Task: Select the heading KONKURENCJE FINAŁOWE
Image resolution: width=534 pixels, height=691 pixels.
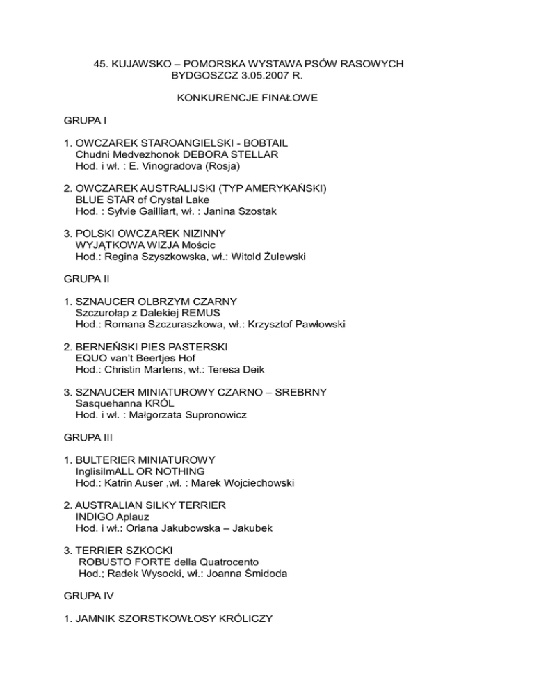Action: pyautogui.click(x=248, y=99)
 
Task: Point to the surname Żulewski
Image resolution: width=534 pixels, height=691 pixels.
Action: pyautogui.click(x=279, y=257)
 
